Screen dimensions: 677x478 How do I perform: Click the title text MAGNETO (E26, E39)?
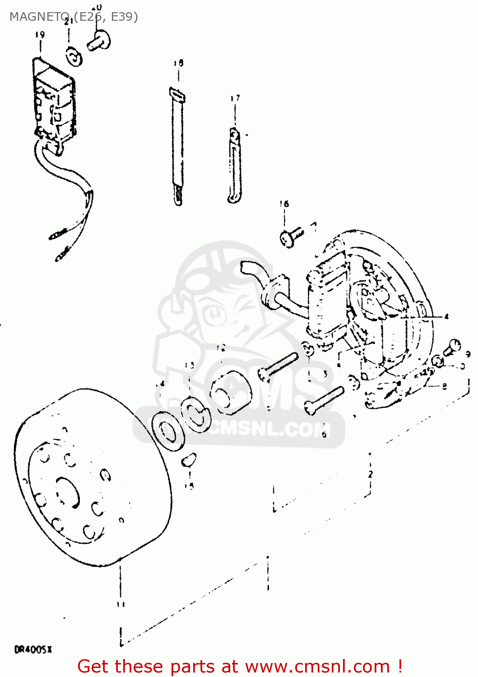tap(74, 17)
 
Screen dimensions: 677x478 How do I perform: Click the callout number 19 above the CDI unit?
tap(40, 35)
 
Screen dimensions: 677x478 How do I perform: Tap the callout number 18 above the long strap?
tap(178, 63)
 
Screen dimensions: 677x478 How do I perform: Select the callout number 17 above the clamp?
tap(235, 98)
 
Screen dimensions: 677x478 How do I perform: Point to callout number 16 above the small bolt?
tap(284, 204)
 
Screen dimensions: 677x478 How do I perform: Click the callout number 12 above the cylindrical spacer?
tap(220, 348)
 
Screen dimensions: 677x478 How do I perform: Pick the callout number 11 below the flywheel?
tap(120, 604)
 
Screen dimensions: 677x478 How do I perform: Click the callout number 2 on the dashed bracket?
tap(370, 474)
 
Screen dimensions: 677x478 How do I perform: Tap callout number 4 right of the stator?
tap(446, 316)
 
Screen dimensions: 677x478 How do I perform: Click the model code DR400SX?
tap(33, 650)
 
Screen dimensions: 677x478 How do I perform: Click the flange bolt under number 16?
tap(290, 237)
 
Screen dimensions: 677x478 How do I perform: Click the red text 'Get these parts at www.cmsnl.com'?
tap(239, 666)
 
